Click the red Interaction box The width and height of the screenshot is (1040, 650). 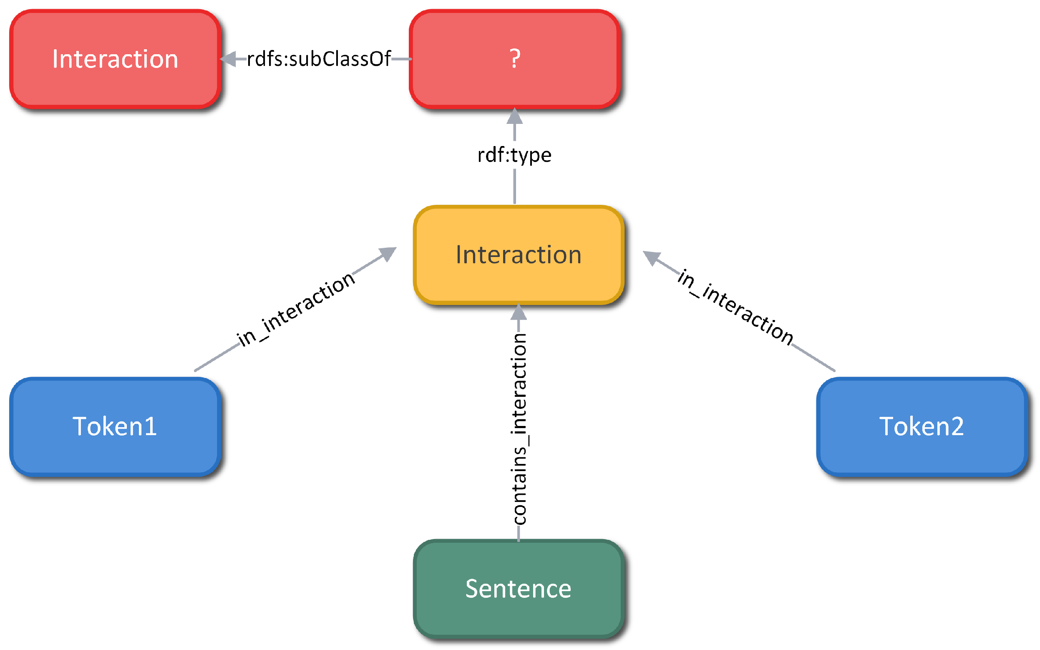(115, 59)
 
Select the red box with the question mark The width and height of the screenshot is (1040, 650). (514, 59)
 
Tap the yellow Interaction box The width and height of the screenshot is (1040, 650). (518, 255)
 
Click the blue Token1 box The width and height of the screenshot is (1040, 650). (115, 426)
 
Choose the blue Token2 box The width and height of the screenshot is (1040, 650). (922, 426)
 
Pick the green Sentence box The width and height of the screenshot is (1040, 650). (518, 589)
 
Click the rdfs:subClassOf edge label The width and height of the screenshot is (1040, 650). (318, 59)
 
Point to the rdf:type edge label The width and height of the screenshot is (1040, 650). (514, 155)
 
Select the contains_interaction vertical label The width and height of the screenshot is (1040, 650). (519, 429)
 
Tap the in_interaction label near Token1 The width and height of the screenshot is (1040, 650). (296, 310)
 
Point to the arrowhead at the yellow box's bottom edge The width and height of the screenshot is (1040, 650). (518, 312)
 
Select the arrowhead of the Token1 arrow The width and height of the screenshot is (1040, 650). (388, 253)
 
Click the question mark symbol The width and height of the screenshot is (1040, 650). (515, 59)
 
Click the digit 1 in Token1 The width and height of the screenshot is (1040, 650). (150, 426)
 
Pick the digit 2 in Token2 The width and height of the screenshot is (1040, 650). (957, 426)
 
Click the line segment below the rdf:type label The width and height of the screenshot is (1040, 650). (514, 186)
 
